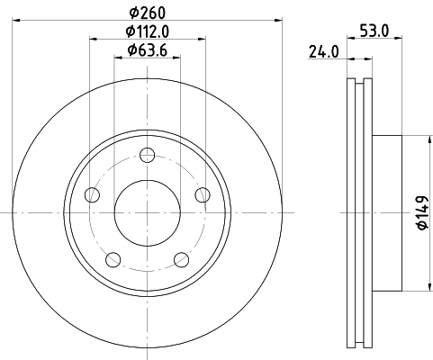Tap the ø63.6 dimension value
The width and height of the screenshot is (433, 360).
click(147, 49)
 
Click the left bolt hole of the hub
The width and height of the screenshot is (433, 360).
click(91, 195)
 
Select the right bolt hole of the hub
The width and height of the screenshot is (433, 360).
click(203, 195)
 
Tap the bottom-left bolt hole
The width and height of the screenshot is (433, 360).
click(113, 260)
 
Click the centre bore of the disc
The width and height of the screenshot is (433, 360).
click(147, 212)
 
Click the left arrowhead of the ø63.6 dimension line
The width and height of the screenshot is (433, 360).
click(117, 58)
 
